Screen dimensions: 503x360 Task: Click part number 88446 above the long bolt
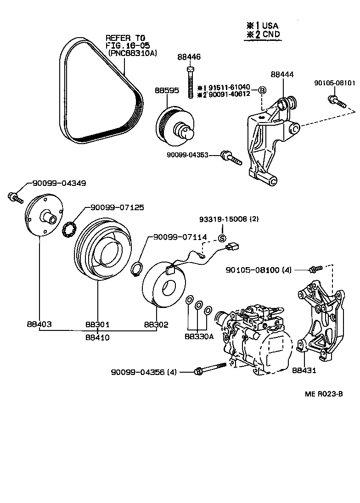point(189,57)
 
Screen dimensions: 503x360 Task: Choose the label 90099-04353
point(187,156)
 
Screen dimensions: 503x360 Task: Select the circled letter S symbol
point(221,238)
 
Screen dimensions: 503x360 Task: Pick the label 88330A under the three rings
point(199,336)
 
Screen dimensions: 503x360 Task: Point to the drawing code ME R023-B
point(323,394)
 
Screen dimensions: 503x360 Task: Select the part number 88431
point(304,371)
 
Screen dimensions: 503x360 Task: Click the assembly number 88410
point(97,337)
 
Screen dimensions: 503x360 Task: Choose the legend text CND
point(270,34)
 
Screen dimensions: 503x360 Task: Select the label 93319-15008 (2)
point(228,219)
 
